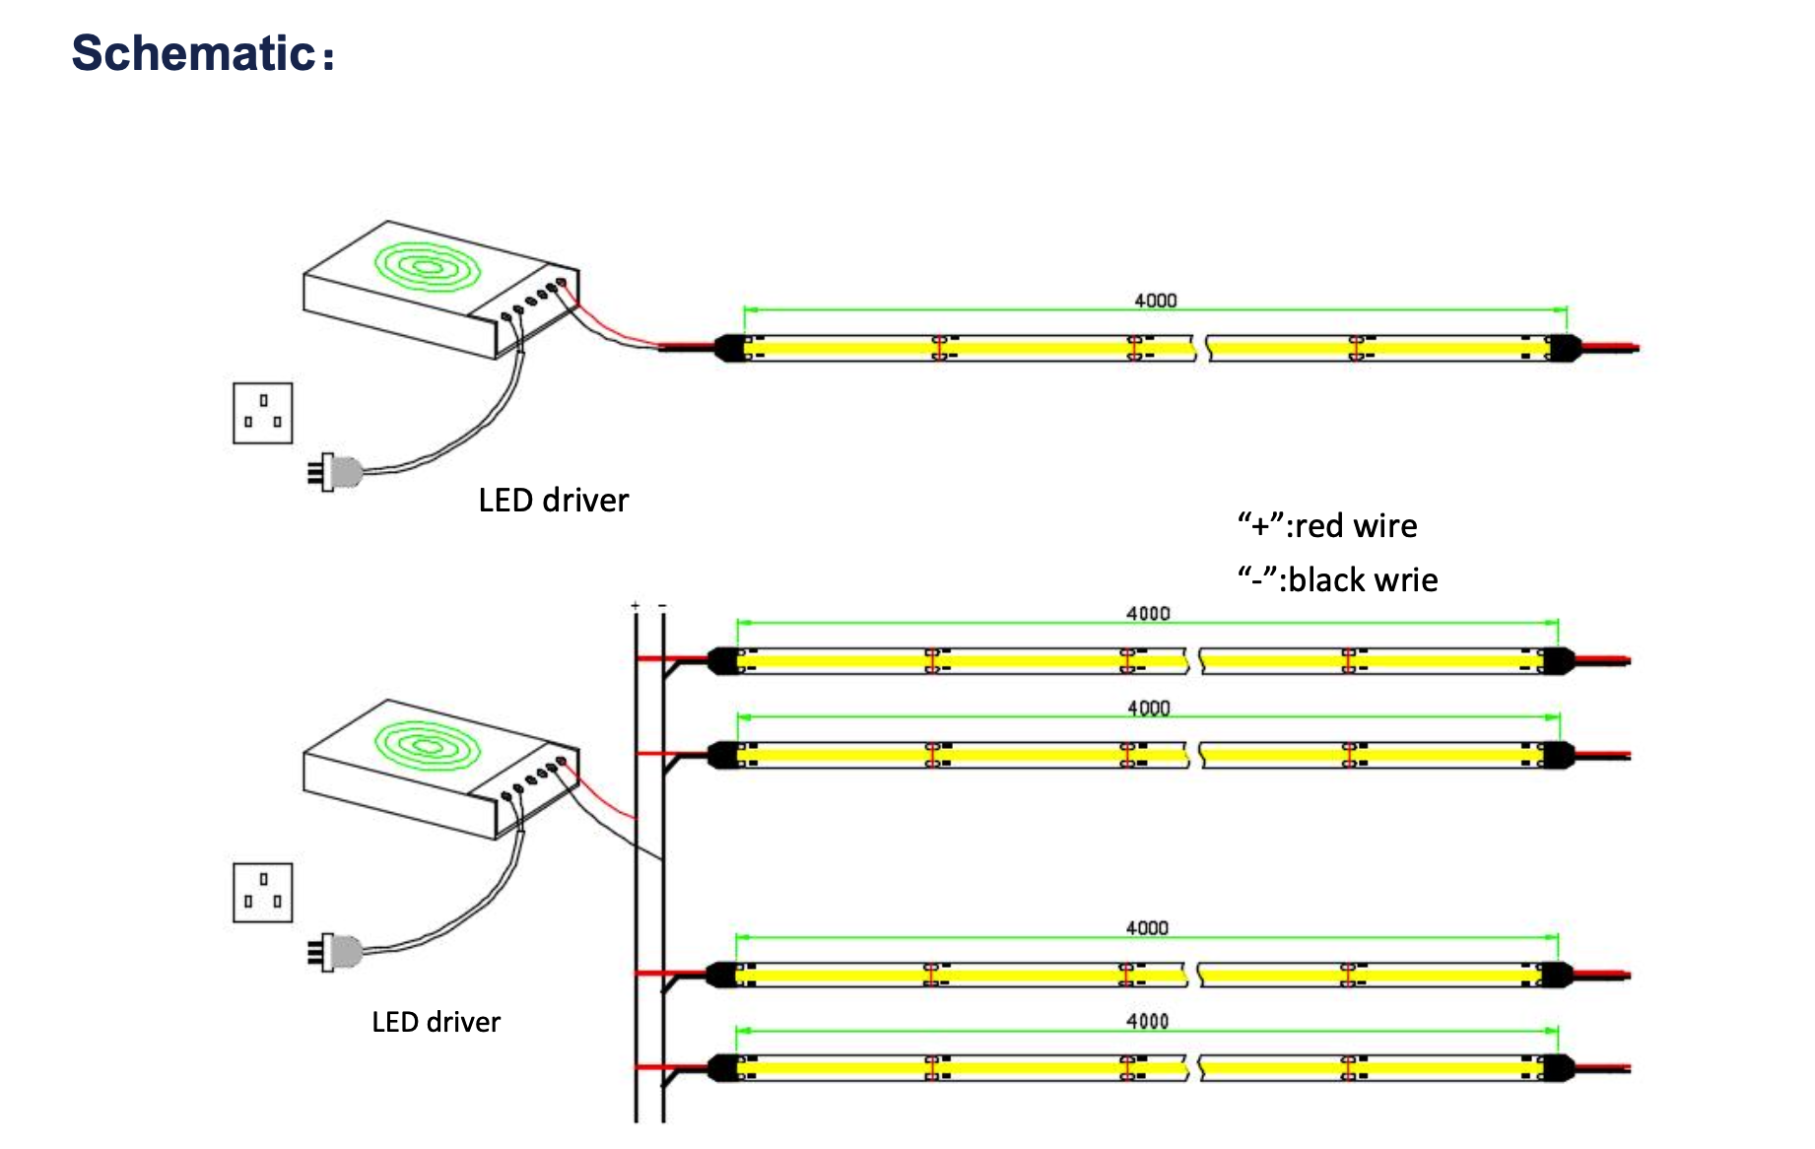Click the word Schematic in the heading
pos(193,53)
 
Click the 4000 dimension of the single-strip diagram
pos(1155,301)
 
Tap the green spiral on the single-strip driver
pos(427,266)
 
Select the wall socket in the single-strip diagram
pos(263,413)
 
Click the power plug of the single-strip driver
pos(335,472)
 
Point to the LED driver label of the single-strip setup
pos(553,501)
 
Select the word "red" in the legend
pos(1318,526)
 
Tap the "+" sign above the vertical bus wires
pos(636,605)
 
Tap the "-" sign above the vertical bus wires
pos(662,605)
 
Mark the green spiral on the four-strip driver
pos(427,745)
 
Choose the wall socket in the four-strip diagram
pos(263,892)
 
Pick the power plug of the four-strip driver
pos(335,952)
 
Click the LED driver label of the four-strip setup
pos(436,1022)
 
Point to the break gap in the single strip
pos(1200,348)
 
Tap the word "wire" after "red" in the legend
pos(1385,526)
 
